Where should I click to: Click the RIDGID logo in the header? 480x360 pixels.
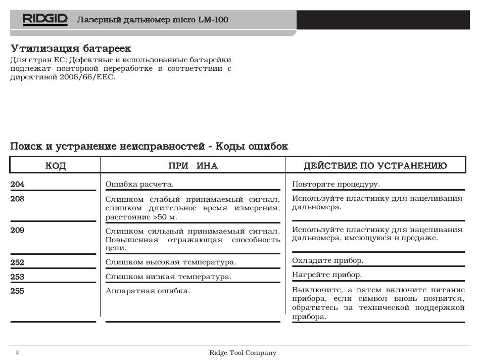[x=45, y=20]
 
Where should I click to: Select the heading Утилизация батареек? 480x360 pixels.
[x=71, y=49]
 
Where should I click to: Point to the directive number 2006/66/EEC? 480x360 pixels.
[x=87, y=77]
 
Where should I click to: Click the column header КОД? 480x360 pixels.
[x=56, y=166]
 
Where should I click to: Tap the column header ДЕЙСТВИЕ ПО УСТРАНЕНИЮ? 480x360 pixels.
[x=375, y=166]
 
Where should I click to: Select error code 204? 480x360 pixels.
[x=18, y=185]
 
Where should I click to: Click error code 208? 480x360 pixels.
[x=18, y=199]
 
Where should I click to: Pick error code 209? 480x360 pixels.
[x=18, y=230]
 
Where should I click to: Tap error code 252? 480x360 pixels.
[x=18, y=262]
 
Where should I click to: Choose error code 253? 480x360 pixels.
[x=18, y=277]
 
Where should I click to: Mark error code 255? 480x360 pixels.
[x=18, y=291]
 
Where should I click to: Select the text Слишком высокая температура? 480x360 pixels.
[x=171, y=262]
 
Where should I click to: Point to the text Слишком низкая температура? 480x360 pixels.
[x=168, y=277]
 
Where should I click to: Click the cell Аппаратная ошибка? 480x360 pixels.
[x=148, y=291]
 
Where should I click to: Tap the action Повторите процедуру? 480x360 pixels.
[x=336, y=184]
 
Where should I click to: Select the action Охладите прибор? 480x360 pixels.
[x=328, y=261]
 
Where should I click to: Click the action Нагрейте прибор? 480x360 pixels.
[x=327, y=275]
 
